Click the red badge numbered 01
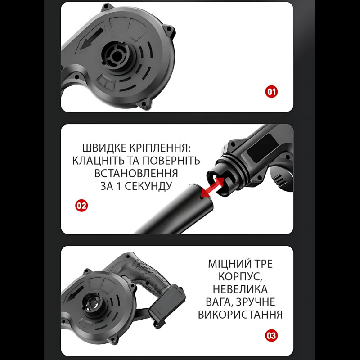[271, 92]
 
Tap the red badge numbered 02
[81, 206]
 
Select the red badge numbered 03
[271, 335]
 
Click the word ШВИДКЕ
[104, 148]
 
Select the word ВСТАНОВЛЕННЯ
[136, 173]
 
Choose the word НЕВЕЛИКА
[240, 289]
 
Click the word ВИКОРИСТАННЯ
[240, 315]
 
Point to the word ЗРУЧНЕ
[256, 302]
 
